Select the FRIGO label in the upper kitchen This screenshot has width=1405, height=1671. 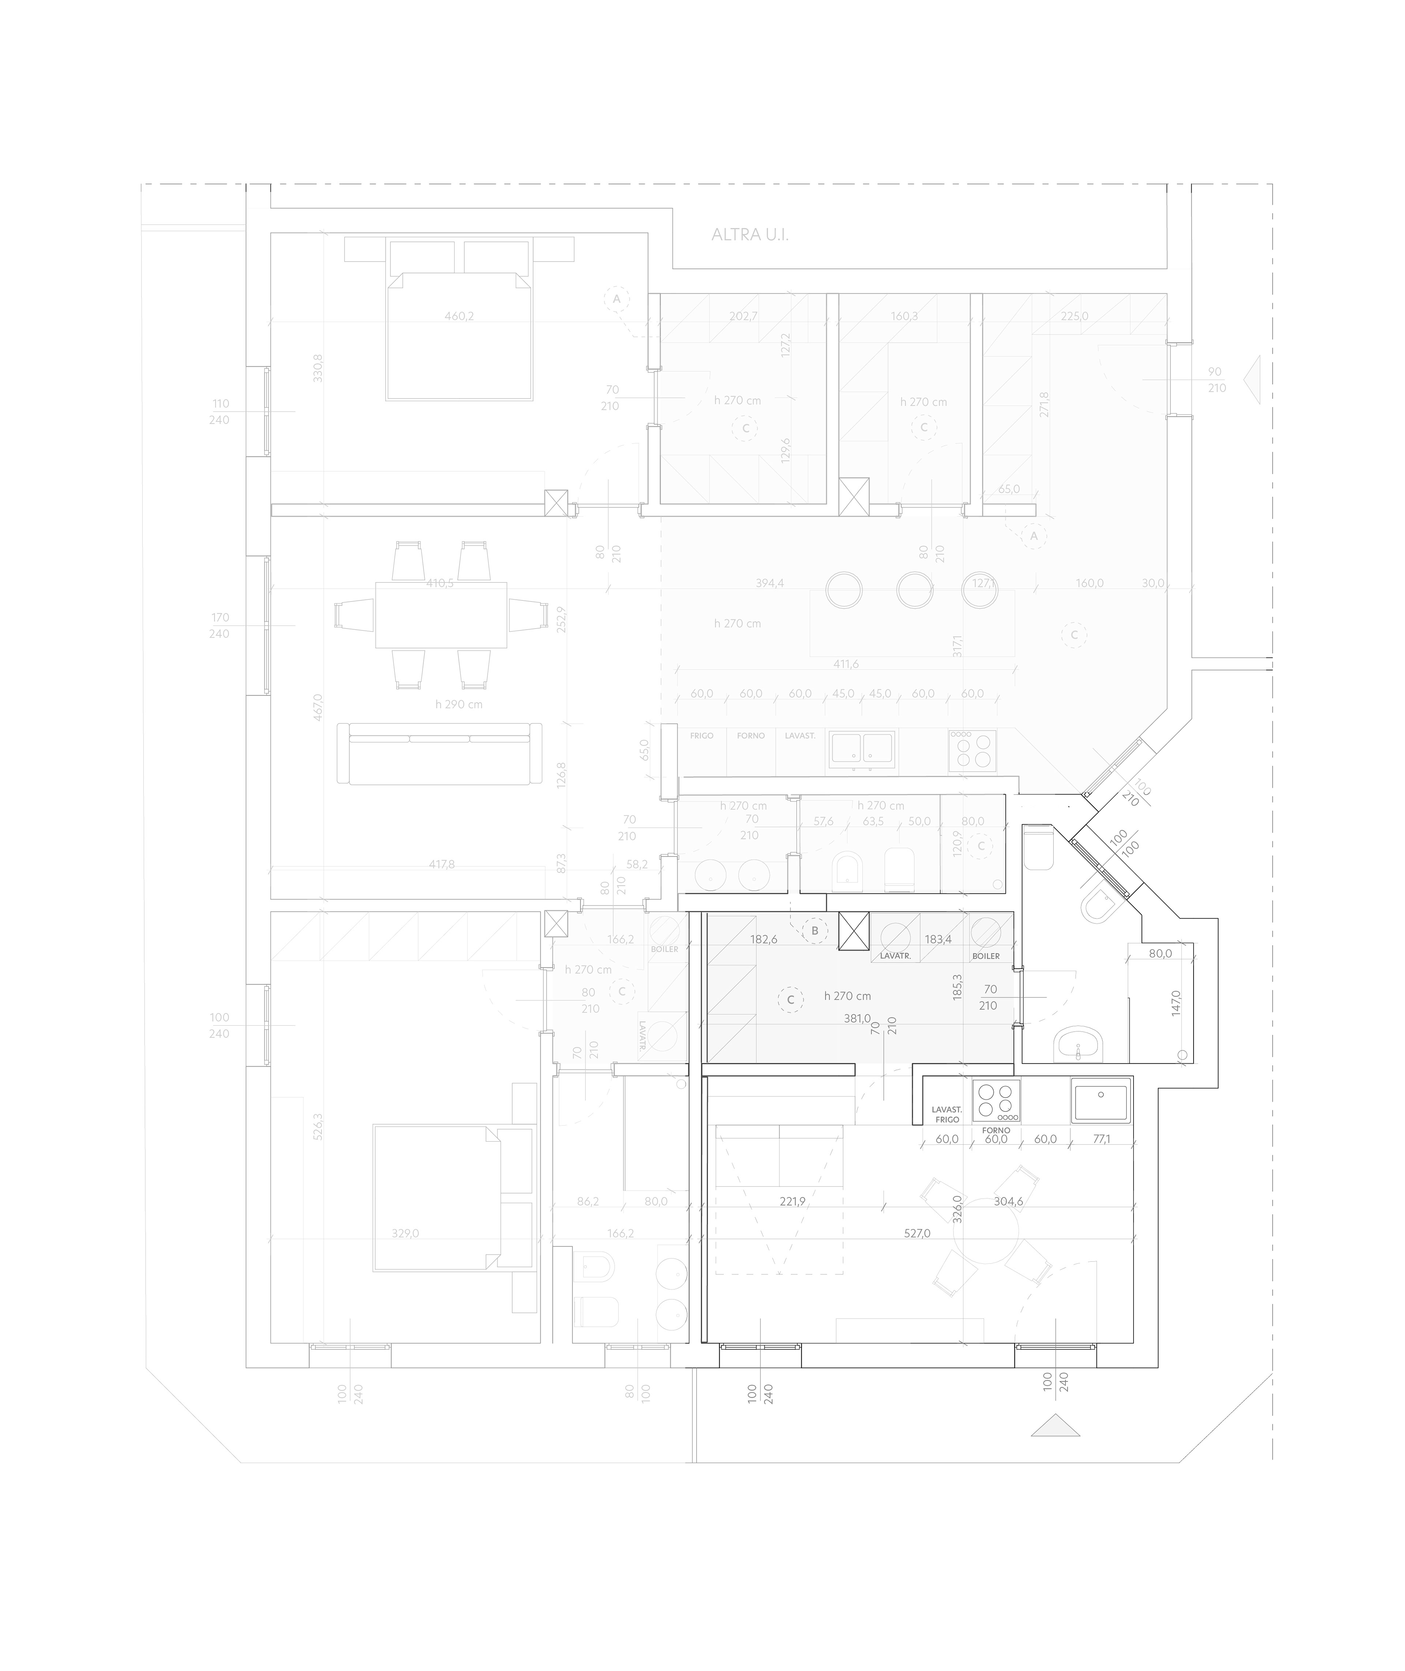(x=702, y=736)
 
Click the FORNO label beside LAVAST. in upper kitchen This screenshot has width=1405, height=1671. (x=750, y=736)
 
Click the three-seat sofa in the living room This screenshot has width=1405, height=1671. (x=439, y=753)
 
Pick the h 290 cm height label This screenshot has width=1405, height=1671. (x=459, y=704)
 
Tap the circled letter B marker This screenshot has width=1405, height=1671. (x=814, y=930)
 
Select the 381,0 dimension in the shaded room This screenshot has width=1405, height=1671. (x=857, y=1018)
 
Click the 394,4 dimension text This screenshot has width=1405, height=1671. (x=769, y=583)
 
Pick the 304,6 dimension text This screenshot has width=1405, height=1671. (x=1008, y=1202)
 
